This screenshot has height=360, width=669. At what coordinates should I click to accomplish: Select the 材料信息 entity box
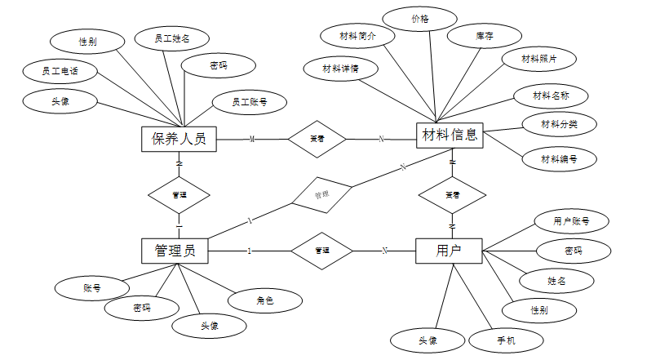[451, 136]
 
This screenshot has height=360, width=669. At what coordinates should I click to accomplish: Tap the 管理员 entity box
[174, 250]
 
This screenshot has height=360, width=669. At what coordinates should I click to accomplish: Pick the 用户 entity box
[449, 251]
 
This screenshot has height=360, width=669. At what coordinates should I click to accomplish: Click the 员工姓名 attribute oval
[171, 38]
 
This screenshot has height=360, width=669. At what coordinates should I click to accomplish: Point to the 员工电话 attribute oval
[60, 71]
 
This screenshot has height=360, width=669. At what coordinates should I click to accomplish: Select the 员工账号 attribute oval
[248, 102]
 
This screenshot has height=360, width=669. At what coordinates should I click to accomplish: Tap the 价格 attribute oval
[419, 18]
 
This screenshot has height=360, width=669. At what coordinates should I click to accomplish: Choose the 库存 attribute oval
[484, 36]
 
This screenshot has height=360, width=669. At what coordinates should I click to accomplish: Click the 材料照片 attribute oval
[539, 59]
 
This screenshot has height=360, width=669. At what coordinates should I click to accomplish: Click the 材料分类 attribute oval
[560, 124]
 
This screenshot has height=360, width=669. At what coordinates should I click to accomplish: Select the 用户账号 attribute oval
[570, 220]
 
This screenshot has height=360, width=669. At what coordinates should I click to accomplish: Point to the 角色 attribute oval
[265, 300]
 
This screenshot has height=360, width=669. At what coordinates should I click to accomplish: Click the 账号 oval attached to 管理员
[91, 287]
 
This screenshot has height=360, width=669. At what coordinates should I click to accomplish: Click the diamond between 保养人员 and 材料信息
[317, 139]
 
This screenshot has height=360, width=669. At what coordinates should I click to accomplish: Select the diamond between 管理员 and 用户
[321, 251]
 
